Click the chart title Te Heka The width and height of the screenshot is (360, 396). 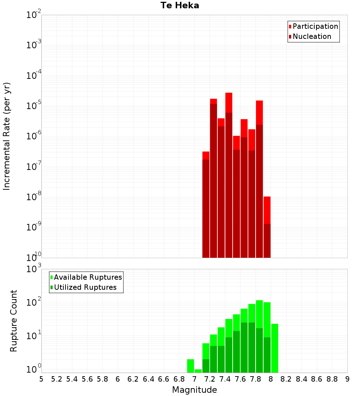180,5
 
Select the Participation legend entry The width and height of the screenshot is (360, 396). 315,26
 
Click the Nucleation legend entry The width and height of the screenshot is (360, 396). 312,36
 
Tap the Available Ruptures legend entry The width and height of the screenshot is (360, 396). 88,277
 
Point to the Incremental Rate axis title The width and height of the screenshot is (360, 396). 7,136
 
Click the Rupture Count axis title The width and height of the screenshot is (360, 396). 14,320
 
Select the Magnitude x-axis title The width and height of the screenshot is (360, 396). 194,390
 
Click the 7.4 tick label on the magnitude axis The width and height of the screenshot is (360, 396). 225,379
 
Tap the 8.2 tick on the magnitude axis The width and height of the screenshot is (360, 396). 286,379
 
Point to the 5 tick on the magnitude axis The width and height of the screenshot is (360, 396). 41,379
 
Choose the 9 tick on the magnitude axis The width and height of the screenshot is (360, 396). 347,379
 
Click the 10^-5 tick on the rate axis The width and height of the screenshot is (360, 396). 33,106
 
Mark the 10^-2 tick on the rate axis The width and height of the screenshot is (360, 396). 33,15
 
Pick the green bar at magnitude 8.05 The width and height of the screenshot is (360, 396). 275,347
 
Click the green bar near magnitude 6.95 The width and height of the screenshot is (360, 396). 190,366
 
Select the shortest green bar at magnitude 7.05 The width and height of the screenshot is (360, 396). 198,371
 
